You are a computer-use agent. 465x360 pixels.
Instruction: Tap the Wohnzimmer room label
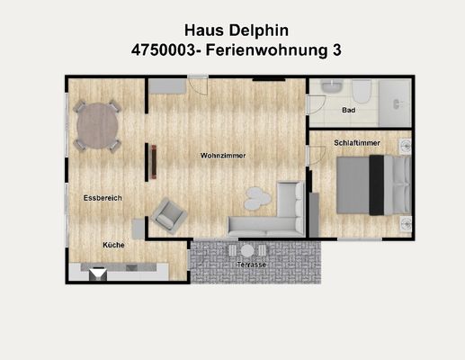(223, 156)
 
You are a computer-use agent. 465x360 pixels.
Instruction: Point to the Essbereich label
(103, 197)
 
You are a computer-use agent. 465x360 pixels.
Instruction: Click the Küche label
(113, 245)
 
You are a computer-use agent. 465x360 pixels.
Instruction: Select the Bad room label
(349, 111)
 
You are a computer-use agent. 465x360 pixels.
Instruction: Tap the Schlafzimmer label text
(356, 142)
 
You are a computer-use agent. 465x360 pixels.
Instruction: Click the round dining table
(97, 125)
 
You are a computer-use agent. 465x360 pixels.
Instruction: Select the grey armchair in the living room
(168, 213)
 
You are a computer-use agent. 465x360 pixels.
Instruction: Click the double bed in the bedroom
(369, 184)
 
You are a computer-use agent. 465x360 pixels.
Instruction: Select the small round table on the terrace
(247, 251)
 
